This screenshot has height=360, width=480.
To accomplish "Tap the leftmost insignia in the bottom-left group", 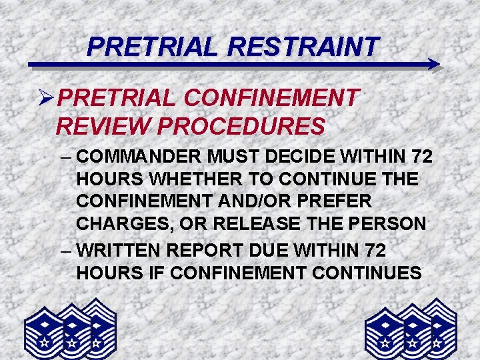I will [44, 331].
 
